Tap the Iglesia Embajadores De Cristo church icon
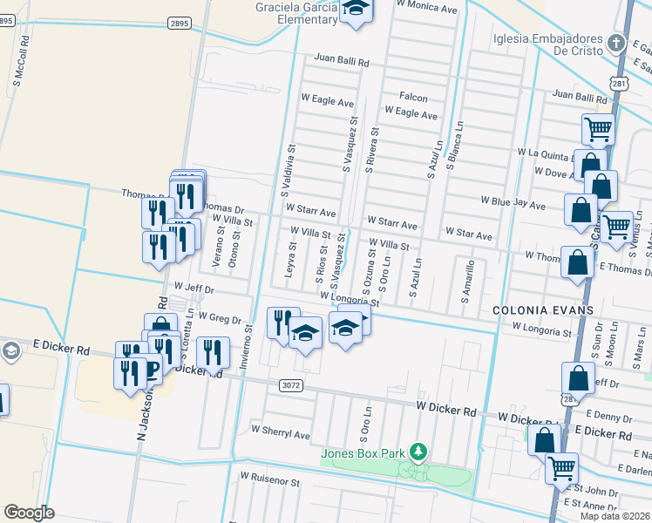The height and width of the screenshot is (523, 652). [x=617, y=43]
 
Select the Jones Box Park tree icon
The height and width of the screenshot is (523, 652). [x=420, y=452]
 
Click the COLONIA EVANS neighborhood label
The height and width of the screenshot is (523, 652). [x=531, y=310]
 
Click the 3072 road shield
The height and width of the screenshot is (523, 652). [x=293, y=384]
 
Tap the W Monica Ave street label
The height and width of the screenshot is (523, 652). [x=426, y=7]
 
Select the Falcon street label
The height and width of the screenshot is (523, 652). [x=413, y=97]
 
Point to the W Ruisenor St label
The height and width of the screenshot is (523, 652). [x=270, y=480]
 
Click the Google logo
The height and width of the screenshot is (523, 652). [x=30, y=512]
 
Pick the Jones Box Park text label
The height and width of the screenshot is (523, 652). [x=363, y=453]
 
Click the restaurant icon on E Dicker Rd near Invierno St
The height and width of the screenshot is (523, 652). [x=213, y=352]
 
